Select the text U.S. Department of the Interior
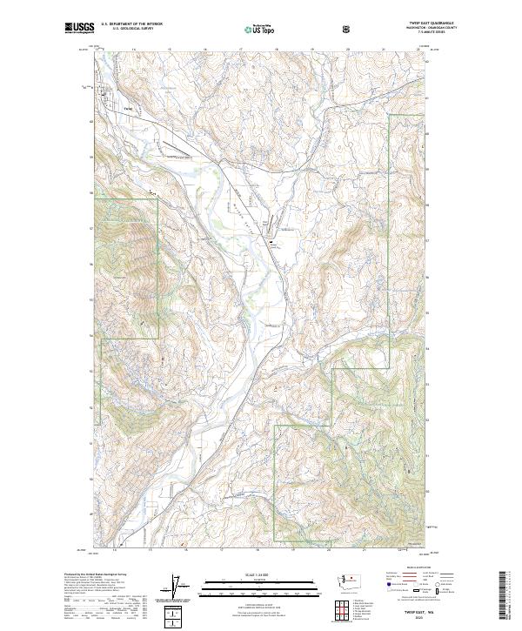pos(131,24)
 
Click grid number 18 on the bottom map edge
pos(259,551)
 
